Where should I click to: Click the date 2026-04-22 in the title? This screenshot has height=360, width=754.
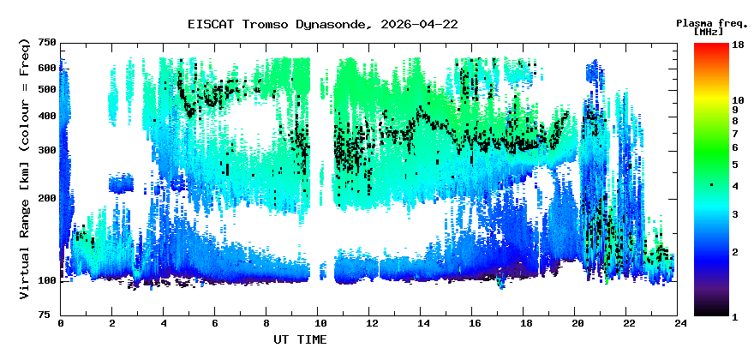(415, 24)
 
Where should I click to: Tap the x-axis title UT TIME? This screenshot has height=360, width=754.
(300, 340)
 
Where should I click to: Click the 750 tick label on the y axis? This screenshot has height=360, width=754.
(46, 43)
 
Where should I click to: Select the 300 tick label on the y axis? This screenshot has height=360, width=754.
(46, 150)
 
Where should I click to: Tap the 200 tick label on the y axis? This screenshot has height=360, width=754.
(46, 198)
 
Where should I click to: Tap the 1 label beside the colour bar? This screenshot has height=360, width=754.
(736, 316)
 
